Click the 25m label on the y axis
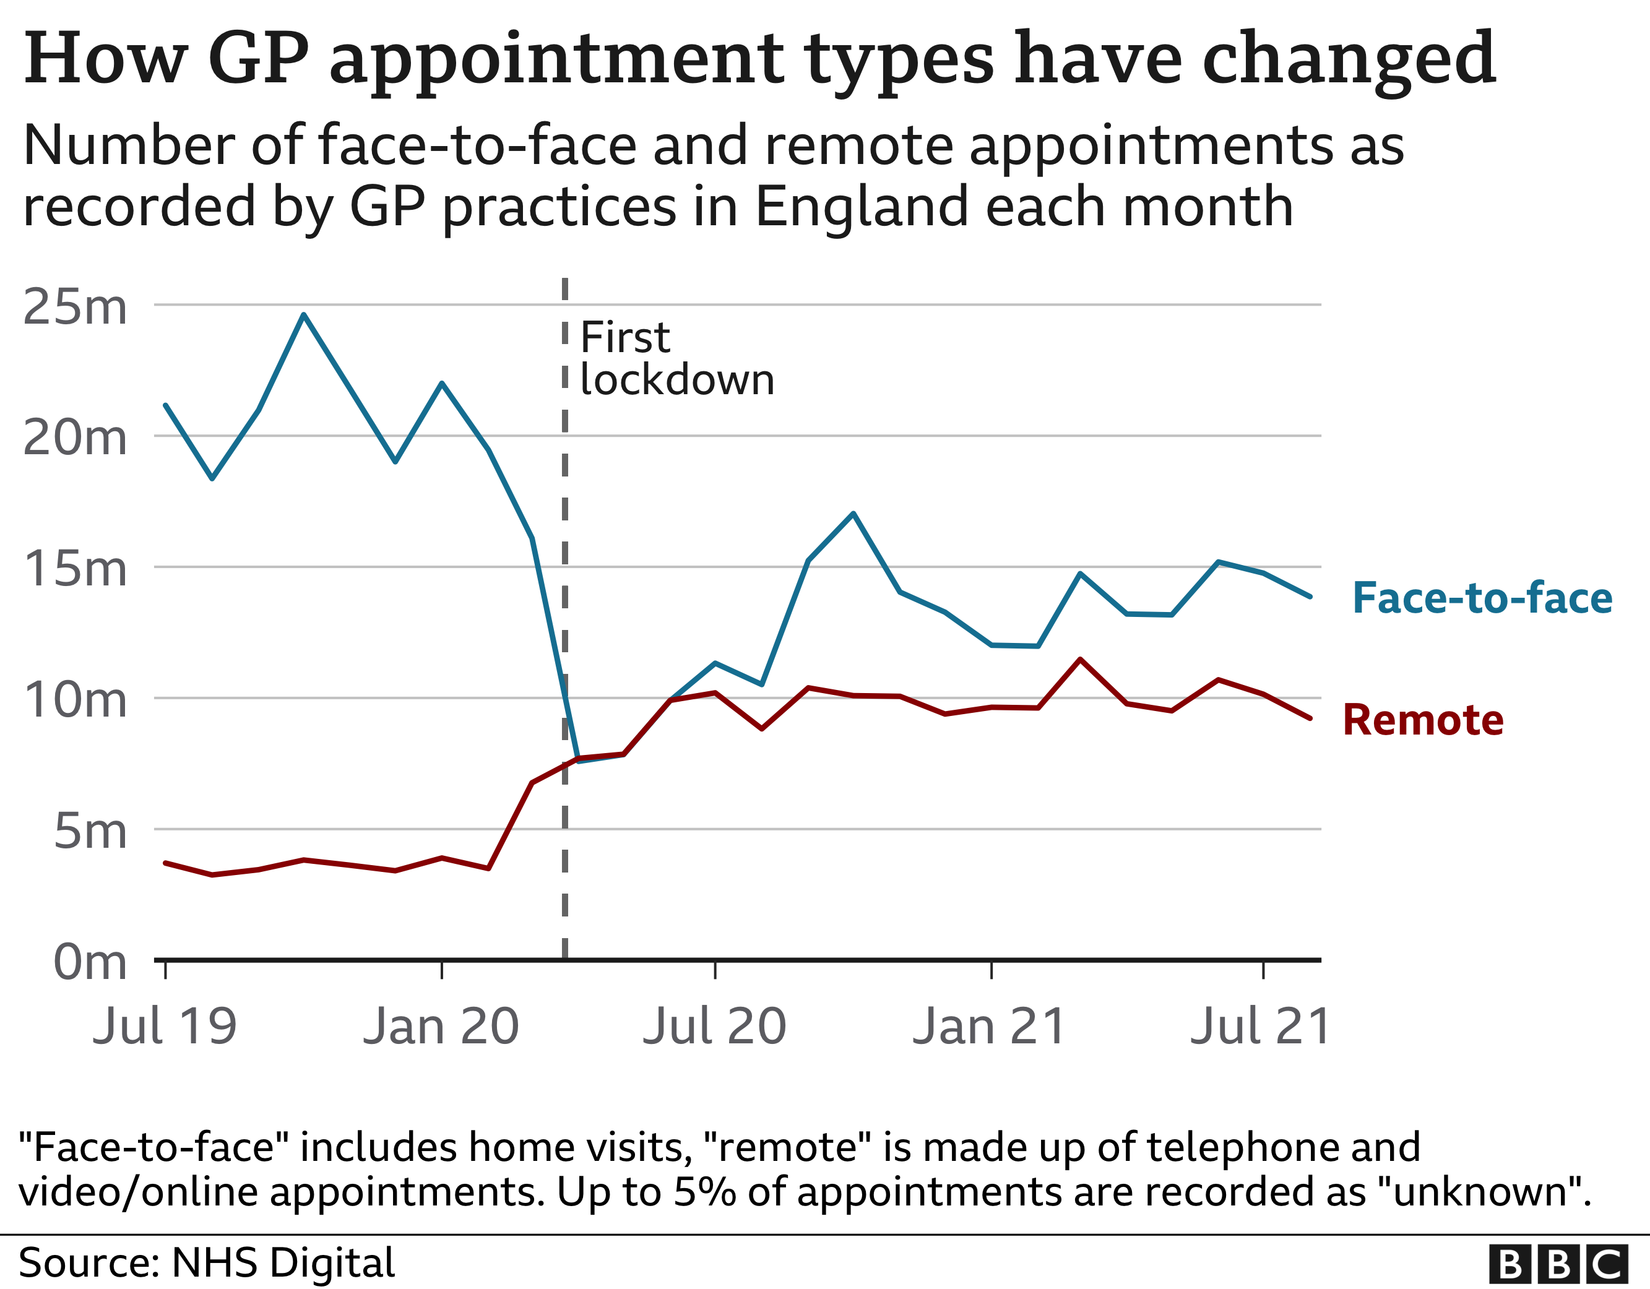[x=75, y=307]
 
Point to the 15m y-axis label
[x=75, y=569]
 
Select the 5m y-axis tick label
[x=89, y=831]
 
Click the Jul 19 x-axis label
[x=165, y=1026]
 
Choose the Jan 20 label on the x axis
[x=441, y=1026]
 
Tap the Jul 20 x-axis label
[x=715, y=1026]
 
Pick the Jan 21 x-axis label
[x=990, y=1026]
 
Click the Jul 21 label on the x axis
[x=1260, y=1026]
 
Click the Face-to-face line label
[x=1482, y=598]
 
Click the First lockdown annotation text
[x=676, y=358]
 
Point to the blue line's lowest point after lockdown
[x=579, y=761]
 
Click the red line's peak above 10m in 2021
[x=1081, y=660]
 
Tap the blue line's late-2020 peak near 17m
[x=853, y=514]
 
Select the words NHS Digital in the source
[x=283, y=1262]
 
